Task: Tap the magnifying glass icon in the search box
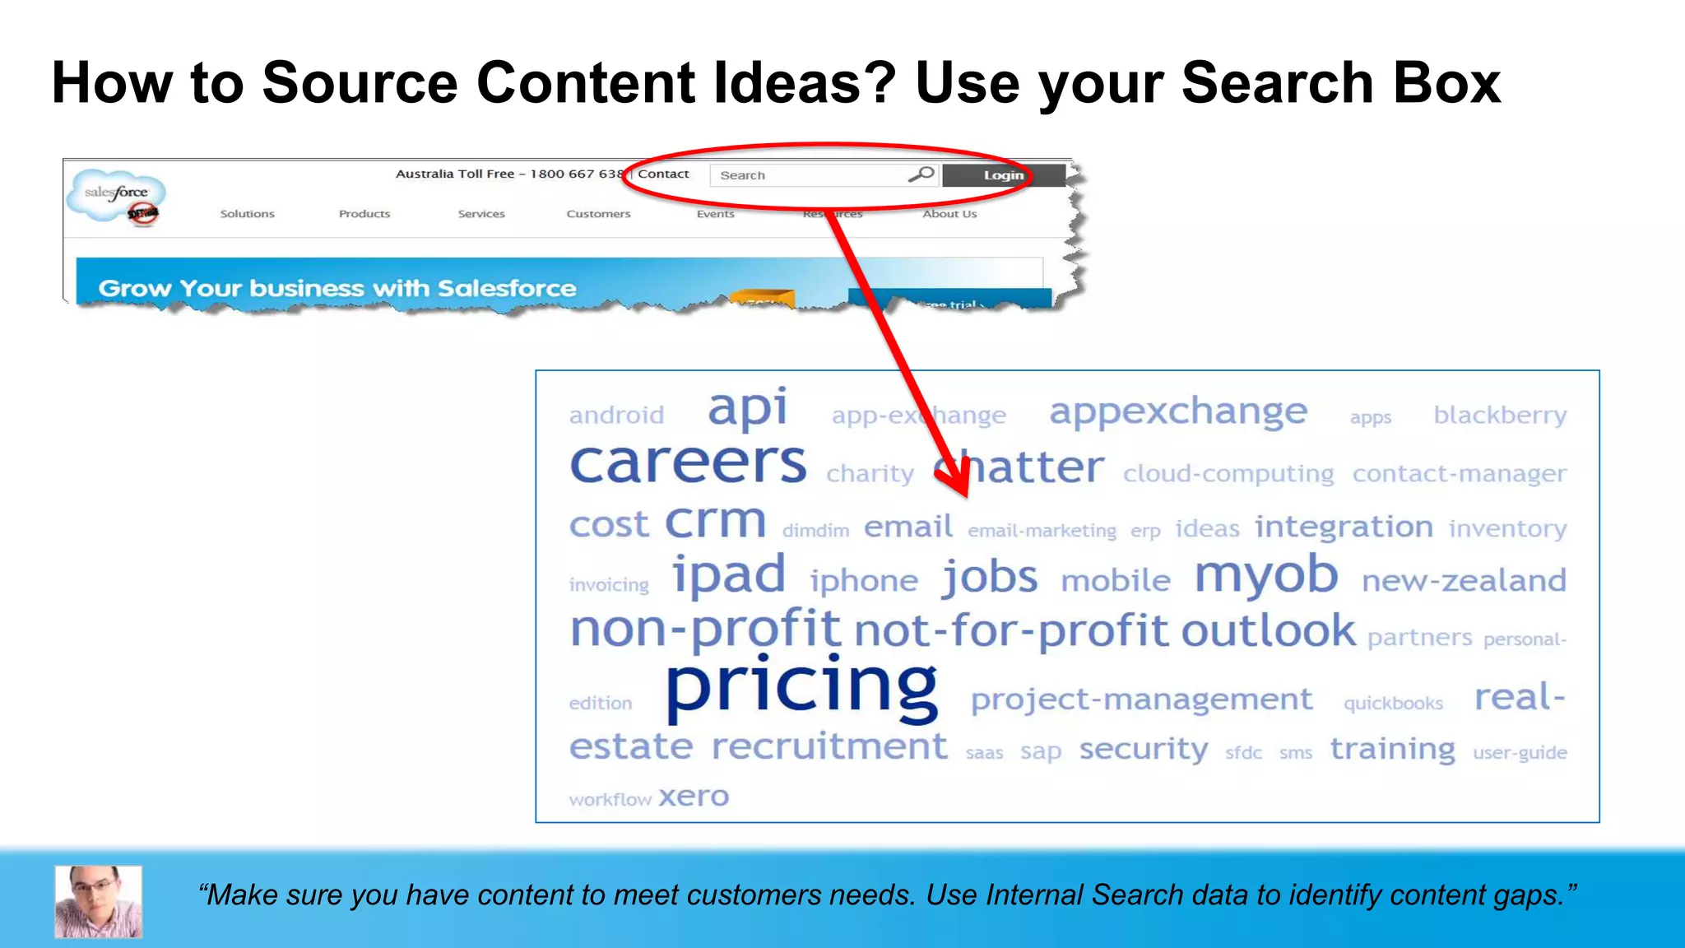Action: (921, 174)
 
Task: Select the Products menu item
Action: (364, 214)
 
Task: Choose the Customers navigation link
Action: (598, 214)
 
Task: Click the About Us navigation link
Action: (949, 214)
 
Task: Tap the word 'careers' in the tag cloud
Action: (688, 462)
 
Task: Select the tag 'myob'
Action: (1265, 574)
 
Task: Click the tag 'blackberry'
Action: (1500, 415)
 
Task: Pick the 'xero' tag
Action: (694, 797)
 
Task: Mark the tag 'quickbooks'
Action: (1393, 704)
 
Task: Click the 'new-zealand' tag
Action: (1464, 581)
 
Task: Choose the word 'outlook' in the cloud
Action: (1268, 631)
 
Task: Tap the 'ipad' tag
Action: (729, 574)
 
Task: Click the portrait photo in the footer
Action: (99, 901)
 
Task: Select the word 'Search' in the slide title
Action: (1278, 83)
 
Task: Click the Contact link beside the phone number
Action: (663, 174)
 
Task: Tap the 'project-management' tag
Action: (1141, 699)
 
